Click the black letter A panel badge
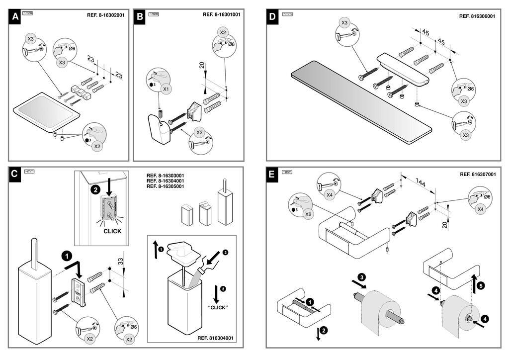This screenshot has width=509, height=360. coord(16,17)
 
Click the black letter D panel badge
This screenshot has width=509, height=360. coord(272,17)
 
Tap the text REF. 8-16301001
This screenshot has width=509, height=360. coord(222,15)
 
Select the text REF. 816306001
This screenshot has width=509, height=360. coord(477,16)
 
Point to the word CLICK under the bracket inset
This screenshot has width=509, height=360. coord(112,231)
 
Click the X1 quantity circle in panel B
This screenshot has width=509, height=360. coord(167,90)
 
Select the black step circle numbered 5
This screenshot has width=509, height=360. coord(481,286)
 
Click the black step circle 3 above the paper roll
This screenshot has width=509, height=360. coord(362,277)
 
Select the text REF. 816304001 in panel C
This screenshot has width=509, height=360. coord(216,338)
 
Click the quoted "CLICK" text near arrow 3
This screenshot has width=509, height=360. coord(218,307)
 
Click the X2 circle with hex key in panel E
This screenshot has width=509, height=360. coord(308,214)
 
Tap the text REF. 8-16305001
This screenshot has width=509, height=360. coord(166,186)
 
